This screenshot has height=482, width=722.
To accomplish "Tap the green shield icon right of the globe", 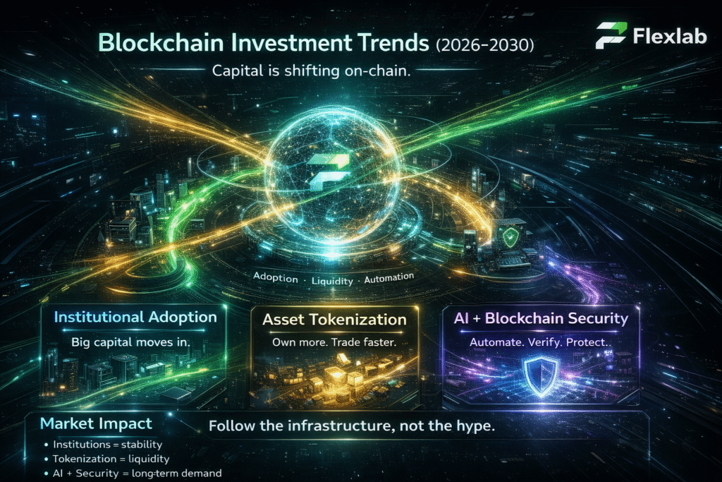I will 511,236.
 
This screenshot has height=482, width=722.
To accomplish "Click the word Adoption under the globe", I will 276,277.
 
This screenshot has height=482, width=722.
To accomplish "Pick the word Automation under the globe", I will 388,278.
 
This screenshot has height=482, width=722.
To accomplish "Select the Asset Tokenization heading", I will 334,320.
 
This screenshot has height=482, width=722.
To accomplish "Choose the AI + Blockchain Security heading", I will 540,318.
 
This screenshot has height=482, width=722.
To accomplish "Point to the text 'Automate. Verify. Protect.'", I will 540,342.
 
